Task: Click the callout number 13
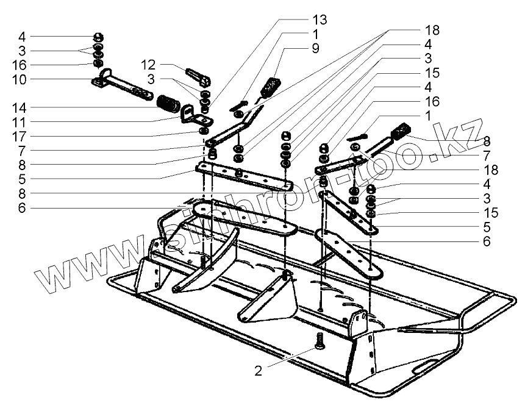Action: [x=320, y=20]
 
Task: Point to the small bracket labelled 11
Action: [x=191, y=113]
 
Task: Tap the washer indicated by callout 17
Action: [x=203, y=130]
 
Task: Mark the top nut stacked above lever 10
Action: [x=98, y=35]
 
